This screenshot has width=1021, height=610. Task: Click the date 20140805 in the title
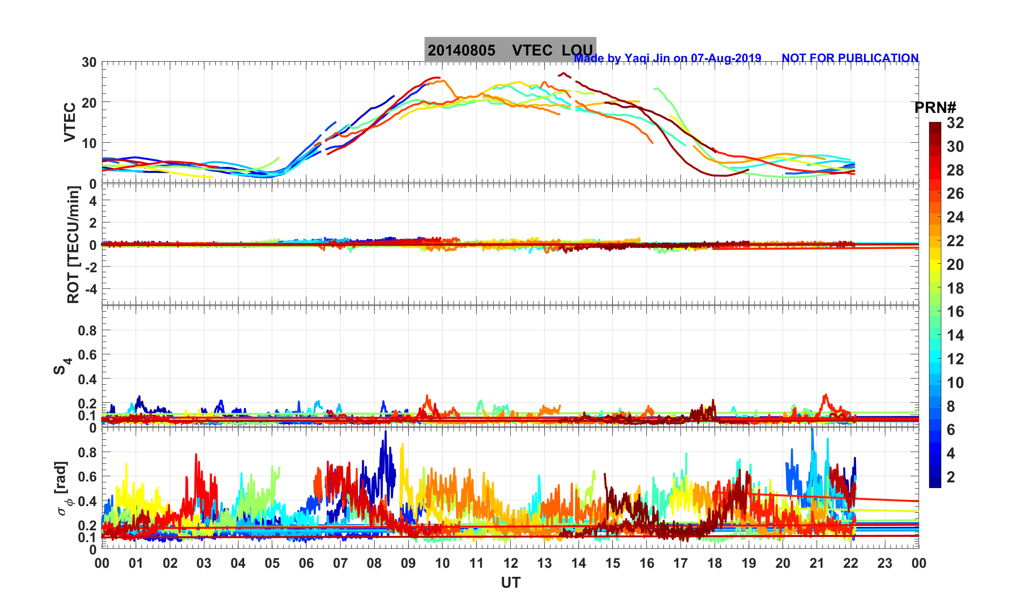click(x=461, y=50)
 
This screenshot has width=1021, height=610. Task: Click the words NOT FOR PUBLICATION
click(x=850, y=58)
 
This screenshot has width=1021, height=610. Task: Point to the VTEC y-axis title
click(x=70, y=122)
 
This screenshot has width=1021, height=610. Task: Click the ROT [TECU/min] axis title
click(x=73, y=245)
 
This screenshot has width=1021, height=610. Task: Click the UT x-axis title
click(x=510, y=582)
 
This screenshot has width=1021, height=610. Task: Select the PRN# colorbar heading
click(x=935, y=108)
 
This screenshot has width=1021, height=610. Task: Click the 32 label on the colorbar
click(x=955, y=123)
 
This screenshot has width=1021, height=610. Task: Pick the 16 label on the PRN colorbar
click(x=955, y=312)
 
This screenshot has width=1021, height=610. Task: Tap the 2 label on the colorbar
click(x=951, y=477)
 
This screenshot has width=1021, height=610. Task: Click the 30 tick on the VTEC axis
click(x=89, y=62)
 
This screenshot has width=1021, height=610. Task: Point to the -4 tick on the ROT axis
click(x=90, y=289)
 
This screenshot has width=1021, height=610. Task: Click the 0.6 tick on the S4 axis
click(x=87, y=354)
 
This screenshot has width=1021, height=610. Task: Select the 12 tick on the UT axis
click(x=510, y=563)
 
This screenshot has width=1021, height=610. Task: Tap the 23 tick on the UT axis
click(x=884, y=563)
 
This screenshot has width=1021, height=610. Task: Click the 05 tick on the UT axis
click(x=272, y=563)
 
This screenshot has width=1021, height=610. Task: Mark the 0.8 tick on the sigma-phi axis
click(x=87, y=452)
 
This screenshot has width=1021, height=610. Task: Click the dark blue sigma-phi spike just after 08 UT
click(x=386, y=433)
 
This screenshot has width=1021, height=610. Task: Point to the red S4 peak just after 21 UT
click(x=826, y=396)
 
